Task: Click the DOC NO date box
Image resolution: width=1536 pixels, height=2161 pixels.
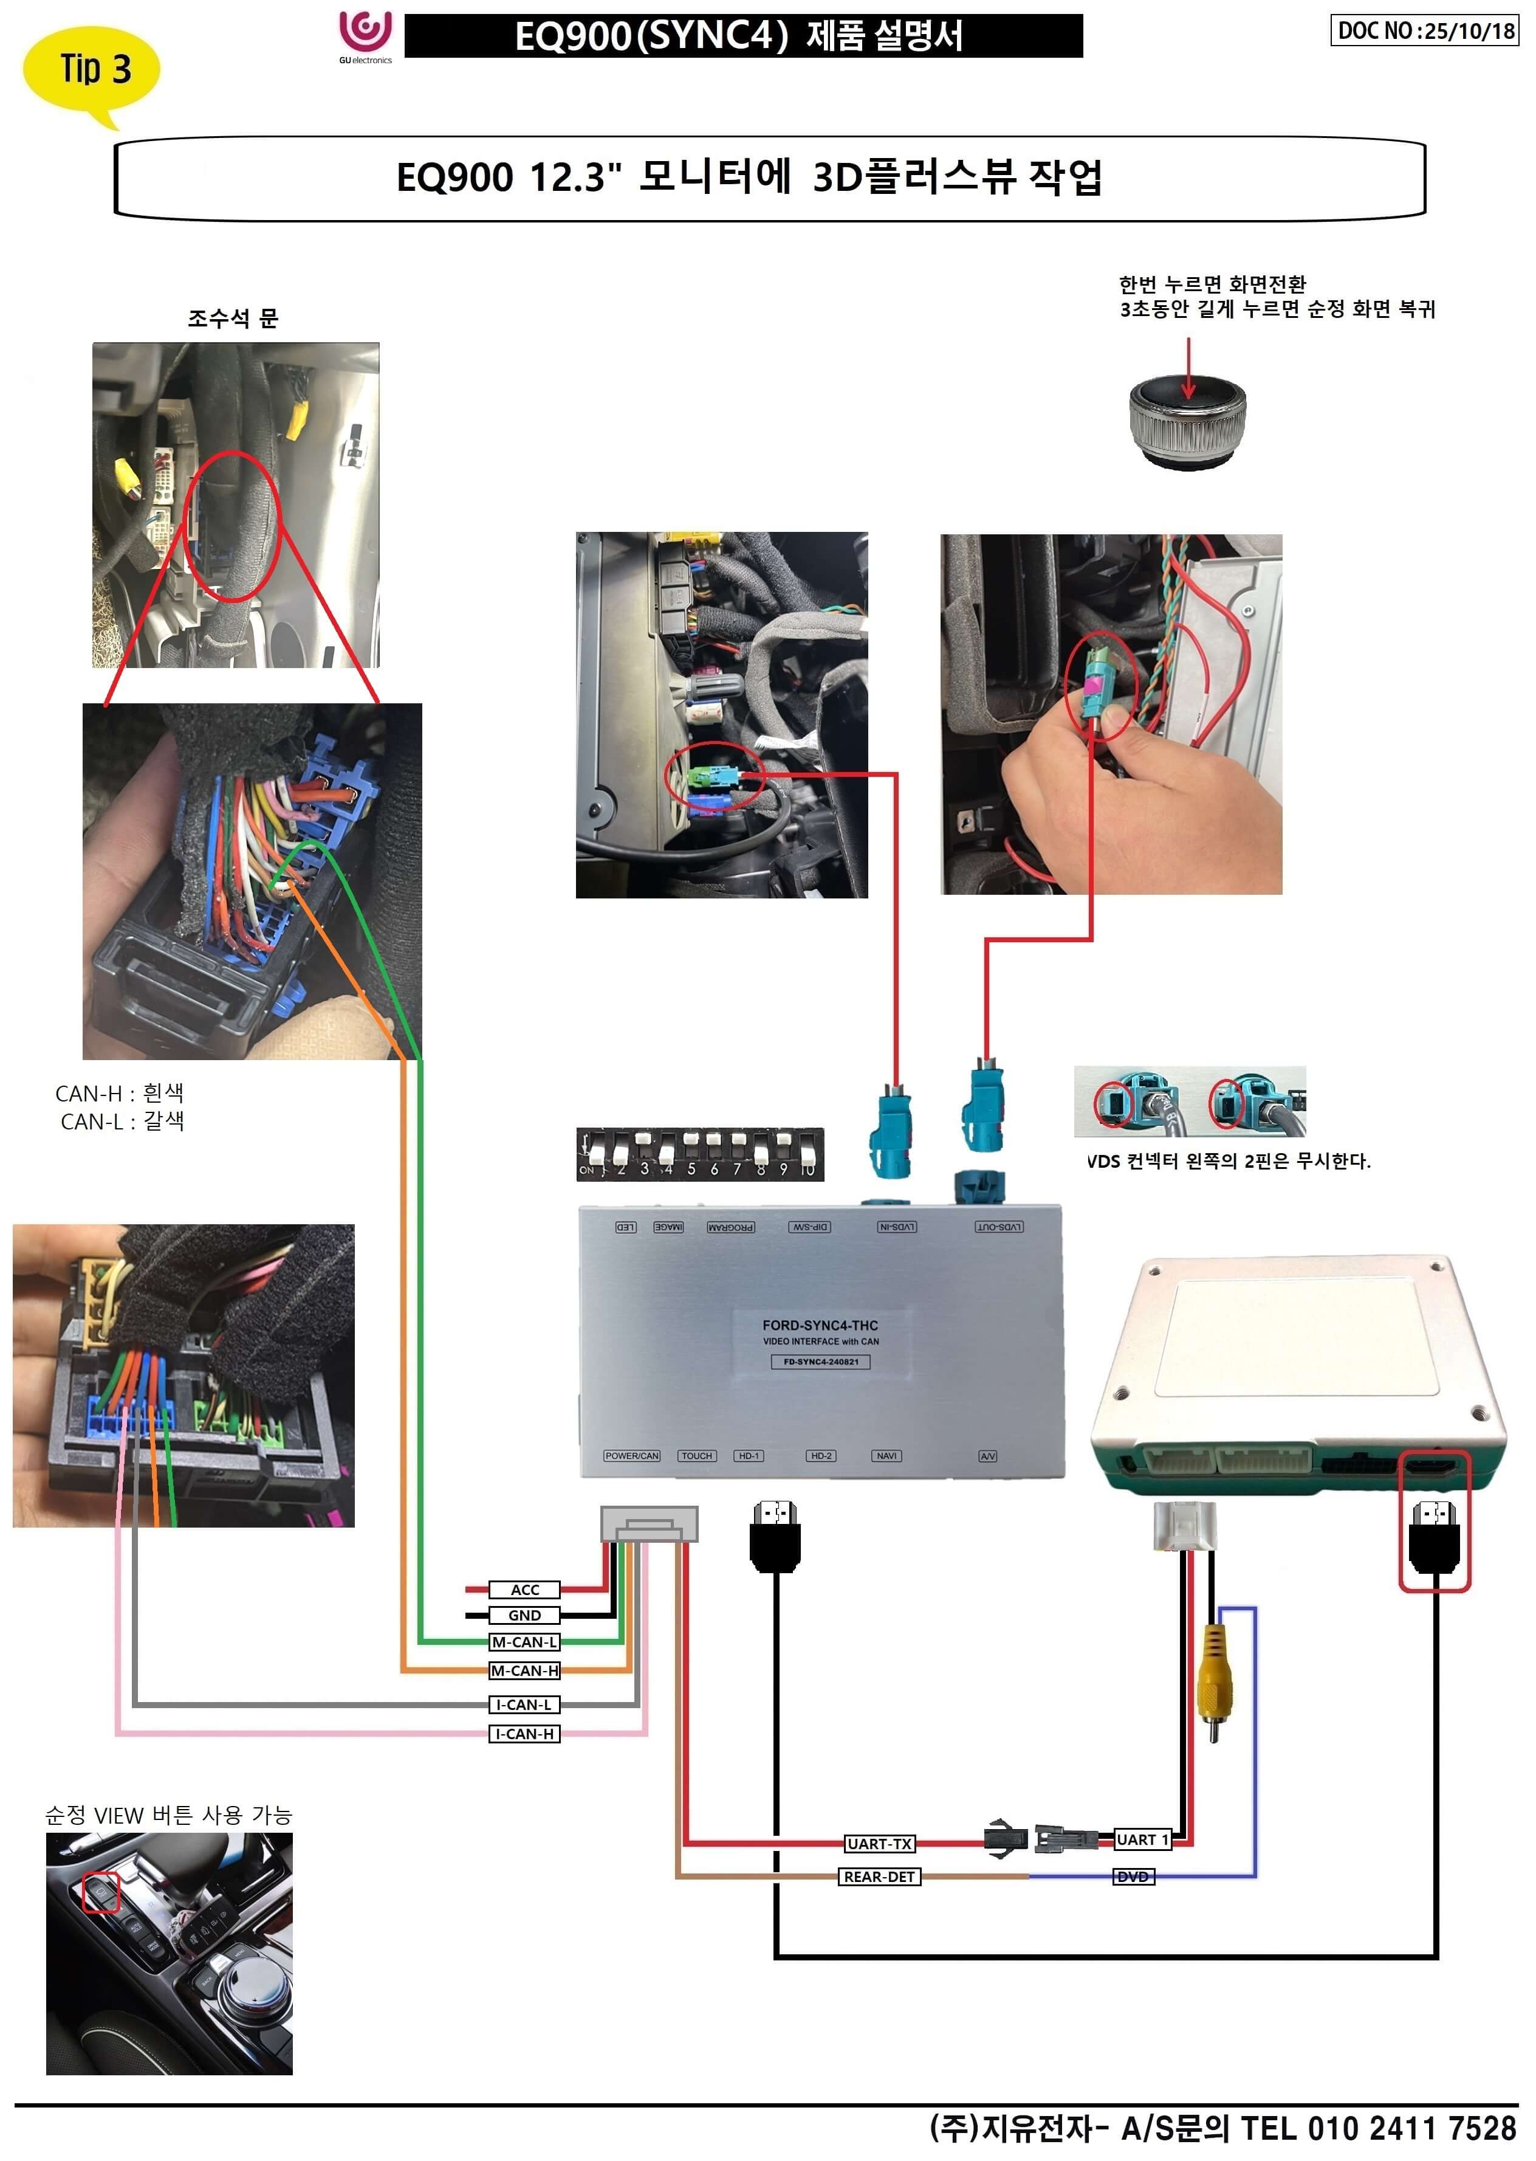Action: [1424, 30]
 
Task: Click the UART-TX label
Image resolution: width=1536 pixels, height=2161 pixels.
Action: [880, 1843]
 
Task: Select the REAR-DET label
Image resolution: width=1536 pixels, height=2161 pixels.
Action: [880, 1876]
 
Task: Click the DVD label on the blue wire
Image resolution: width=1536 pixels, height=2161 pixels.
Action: [1133, 1876]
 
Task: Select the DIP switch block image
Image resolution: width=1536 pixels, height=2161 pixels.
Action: [700, 1154]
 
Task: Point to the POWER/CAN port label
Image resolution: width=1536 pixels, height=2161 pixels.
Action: [632, 1456]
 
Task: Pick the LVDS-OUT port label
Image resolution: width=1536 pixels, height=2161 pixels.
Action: [999, 1227]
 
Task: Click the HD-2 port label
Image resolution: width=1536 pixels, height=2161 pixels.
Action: [821, 1456]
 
